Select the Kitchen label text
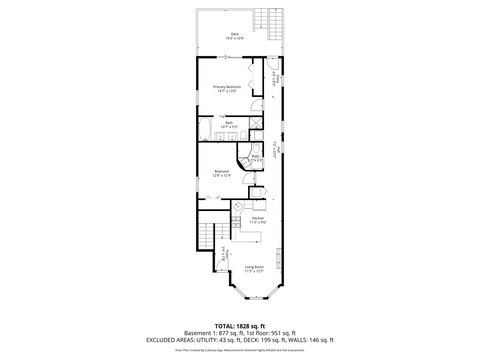(x=256, y=218)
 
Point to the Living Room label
(x=254, y=268)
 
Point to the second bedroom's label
(x=222, y=173)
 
